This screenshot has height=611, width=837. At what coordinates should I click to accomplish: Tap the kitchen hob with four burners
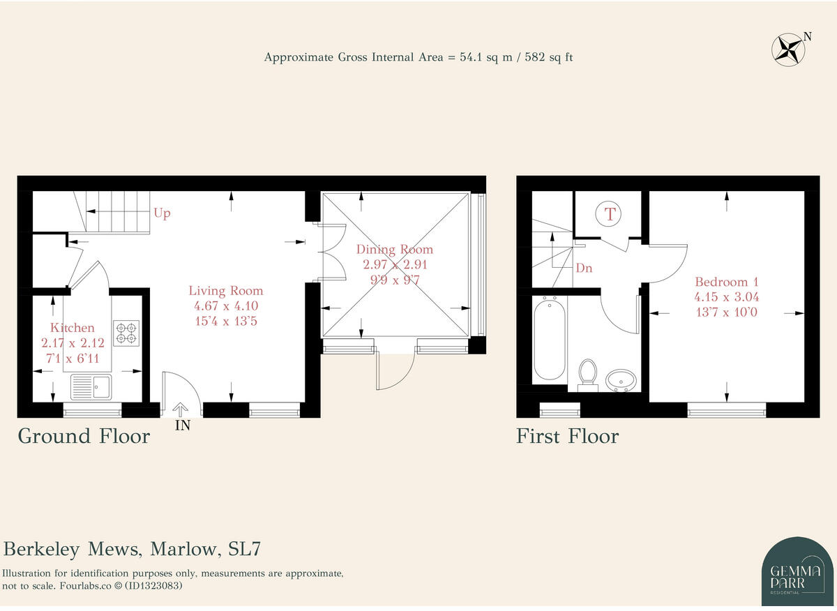click(126, 333)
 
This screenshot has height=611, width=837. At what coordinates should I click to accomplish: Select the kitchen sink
click(91, 387)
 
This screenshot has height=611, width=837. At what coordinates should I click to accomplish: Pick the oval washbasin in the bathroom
click(621, 381)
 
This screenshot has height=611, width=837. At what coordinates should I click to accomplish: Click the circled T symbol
click(608, 215)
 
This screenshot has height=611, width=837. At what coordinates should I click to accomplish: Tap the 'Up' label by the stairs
click(162, 213)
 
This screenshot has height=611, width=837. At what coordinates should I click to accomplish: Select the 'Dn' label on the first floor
click(584, 268)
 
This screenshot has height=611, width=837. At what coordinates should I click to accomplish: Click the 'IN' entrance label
click(183, 425)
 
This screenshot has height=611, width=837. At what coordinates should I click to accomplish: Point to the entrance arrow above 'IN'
click(181, 409)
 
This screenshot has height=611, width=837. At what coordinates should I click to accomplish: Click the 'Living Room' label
click(226, 291)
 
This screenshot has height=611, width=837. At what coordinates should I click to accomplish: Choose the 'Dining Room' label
click(395, 249)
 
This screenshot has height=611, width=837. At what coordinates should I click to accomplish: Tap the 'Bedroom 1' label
click(726, 282)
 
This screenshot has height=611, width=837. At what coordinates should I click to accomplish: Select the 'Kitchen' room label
click(72, 328)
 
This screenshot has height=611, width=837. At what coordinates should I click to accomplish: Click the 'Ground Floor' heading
click(84, 436)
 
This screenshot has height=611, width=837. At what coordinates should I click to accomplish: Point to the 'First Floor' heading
click(567, 436)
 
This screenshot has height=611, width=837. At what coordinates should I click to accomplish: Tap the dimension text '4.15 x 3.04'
click(726, 297)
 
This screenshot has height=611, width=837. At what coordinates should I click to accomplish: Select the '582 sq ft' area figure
click(548, 58)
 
